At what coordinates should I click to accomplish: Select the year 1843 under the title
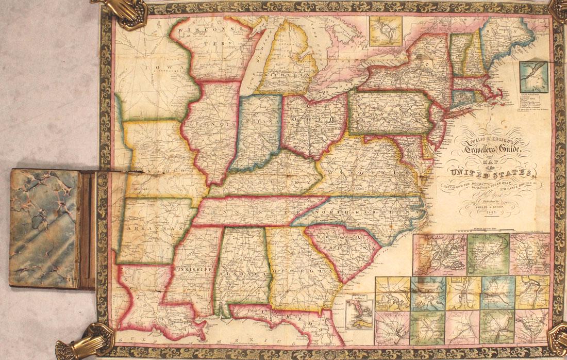[x=490, y=215]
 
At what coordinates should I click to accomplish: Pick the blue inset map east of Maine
[x=532, y=76]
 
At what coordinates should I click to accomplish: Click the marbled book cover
[x=44, y=228]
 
